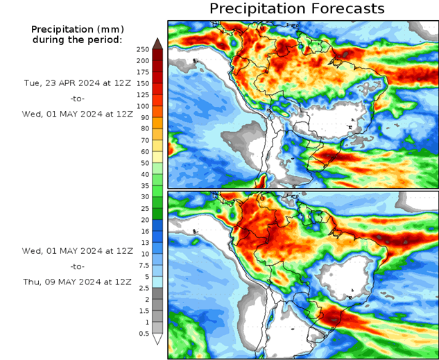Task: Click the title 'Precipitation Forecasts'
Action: [x=296, y=9]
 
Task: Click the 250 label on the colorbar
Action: [x=143, y=49]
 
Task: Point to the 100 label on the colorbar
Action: [x=143, y=106]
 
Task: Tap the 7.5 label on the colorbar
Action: [x=142, y=265]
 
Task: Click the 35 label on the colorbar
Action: [x=142, y=185]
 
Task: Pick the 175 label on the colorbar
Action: [x=143, y=72]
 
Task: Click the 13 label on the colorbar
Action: [x=142, y=243]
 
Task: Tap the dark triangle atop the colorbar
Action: [x=157, y=43]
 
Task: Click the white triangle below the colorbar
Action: [x=157, y=339]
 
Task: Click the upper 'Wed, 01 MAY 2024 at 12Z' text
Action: [x=77, y=114]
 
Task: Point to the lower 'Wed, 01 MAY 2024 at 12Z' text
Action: [x=77, y=250]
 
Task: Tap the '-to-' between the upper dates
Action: [x=77, y=98]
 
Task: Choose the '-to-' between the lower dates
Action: [x=77, y=266]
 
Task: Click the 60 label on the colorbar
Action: [x=142, y=151]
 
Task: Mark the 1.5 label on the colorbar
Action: [x=142, y=311]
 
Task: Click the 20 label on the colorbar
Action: [x=142, y=220]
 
